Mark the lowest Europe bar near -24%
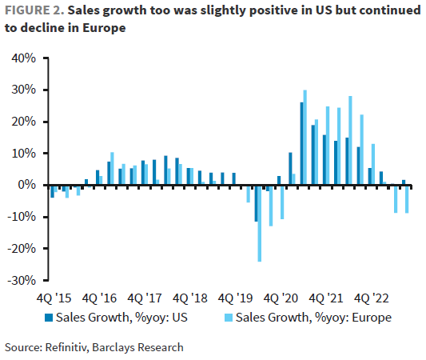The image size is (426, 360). coord(260,223)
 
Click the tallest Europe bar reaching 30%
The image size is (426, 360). coord(305,137)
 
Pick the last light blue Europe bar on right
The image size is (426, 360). coord(408,199)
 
